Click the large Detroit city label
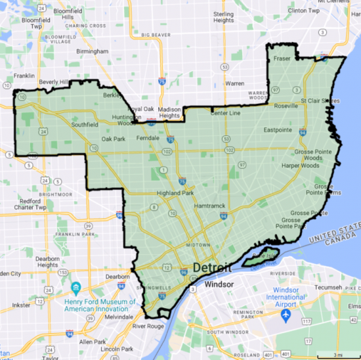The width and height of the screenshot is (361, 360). coord(211,268)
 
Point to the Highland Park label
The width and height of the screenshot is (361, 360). coord(175,193)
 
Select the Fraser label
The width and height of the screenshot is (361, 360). coord(282,58)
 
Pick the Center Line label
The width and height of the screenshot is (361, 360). coord(224,113)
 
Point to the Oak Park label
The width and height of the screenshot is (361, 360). coord(114,139)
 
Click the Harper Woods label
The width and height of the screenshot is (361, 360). coord(300,166)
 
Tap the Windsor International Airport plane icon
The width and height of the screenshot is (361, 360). coord(286,315)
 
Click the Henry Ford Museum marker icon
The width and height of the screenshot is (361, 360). coord(75,288)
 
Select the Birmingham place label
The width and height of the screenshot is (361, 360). coord(92,51)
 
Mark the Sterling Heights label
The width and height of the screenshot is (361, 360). coord(223,16)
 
